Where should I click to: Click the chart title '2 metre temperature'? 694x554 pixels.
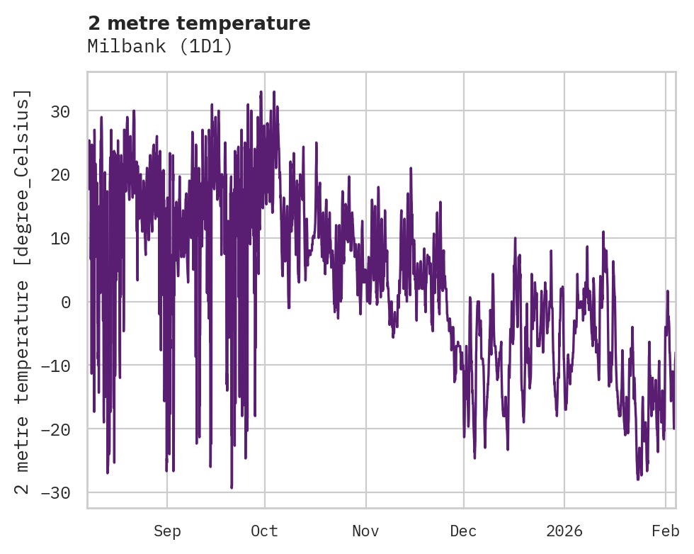click(199, 23)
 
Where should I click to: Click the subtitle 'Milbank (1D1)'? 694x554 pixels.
click(160, 46)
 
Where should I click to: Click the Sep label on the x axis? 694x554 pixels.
click(167, 531)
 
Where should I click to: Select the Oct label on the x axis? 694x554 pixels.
click(264, 531)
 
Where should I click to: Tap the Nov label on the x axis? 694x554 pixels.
click(366, 531)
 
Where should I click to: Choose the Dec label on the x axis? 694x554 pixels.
click(463, 531)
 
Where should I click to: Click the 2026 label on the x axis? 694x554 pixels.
click(564, 531)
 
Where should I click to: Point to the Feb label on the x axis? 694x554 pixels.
click(666, 531)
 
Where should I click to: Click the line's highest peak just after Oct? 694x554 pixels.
click(274, 91)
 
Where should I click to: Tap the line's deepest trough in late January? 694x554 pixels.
click(637, 479)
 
